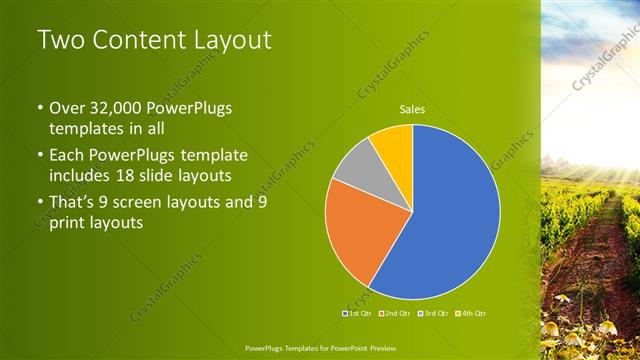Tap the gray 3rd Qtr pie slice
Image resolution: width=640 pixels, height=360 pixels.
pos(356,164)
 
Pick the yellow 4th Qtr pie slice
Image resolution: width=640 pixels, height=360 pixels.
pos(393,145)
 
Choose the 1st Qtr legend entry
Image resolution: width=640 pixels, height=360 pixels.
pos(359,314)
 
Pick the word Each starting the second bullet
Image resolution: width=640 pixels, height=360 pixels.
pos(68,156)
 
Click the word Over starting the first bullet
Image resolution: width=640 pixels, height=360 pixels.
pos(69,108)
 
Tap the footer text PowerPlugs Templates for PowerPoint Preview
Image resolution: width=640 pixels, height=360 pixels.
pos(319,347)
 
